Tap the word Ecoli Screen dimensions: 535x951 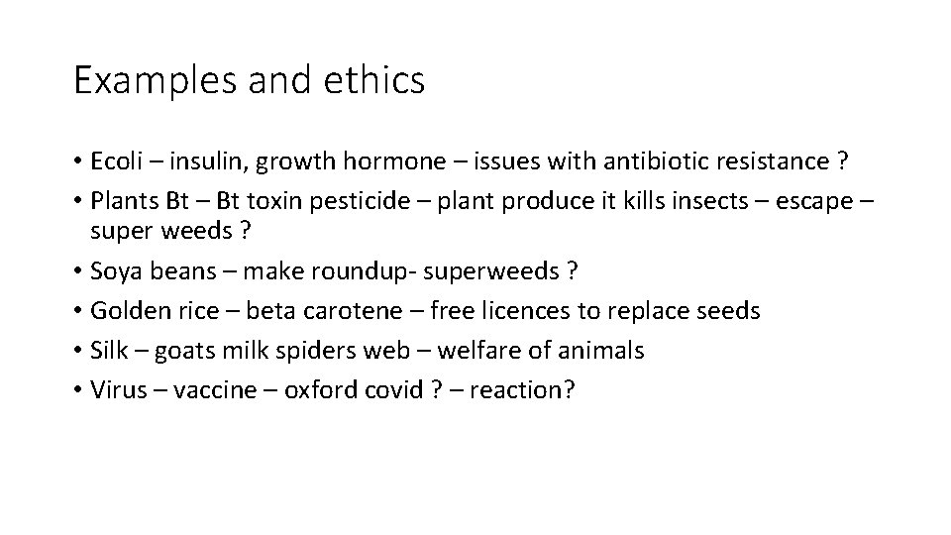(x=116, y=160)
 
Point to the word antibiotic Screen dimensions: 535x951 (x=551, y=160)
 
